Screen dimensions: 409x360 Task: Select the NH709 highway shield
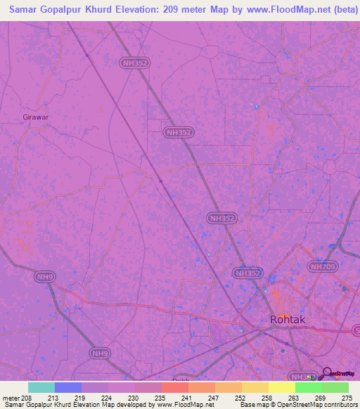(x=323, y=266)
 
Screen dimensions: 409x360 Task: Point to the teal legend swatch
(x=41, y=387)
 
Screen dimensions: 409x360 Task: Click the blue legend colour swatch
(x=68, y=387)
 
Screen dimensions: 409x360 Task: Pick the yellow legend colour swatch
(x=282, y=387)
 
